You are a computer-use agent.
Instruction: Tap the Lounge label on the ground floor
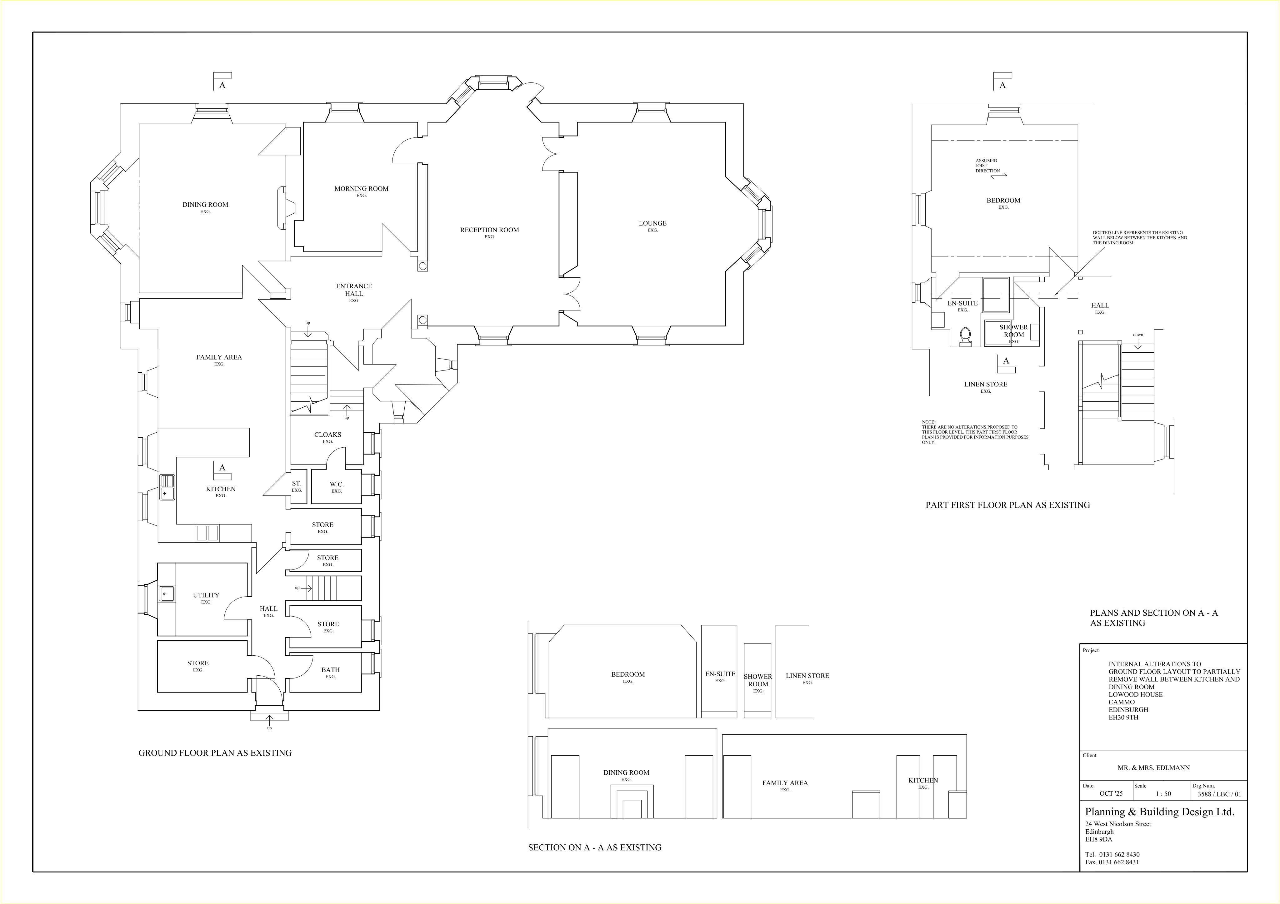(652, 223)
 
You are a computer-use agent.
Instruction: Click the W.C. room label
(337, 484)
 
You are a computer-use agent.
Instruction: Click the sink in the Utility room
(166, 594)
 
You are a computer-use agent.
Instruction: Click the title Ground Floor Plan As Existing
(215, 753)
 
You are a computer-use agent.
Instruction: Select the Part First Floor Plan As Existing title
(1008, 505)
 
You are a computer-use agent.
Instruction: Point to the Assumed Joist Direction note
(987, 166)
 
